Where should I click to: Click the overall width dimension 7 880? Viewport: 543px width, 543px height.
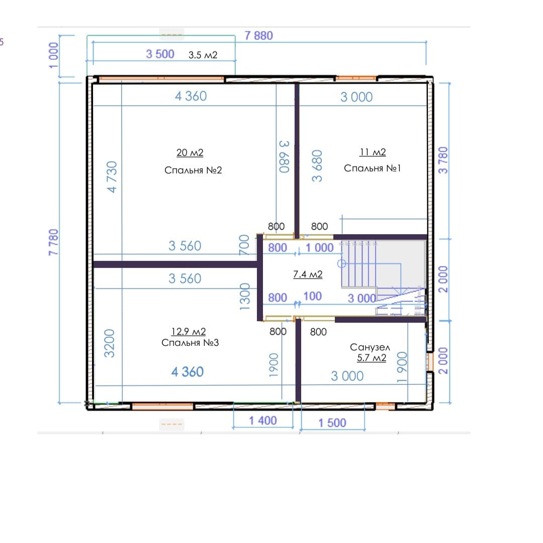pos(259,35)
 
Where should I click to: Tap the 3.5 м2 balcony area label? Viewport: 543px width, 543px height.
pos(203,55)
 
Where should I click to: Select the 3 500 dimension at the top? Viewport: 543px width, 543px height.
pos(160,54)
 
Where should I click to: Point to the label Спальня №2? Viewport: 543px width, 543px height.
pos(193,170)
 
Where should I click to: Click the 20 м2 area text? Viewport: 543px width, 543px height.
pos(190,152)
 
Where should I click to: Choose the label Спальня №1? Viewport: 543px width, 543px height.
pos(372,168)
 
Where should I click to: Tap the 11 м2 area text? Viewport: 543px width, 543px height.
pos(373,152)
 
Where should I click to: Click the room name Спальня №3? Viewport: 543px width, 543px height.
pos(190,342)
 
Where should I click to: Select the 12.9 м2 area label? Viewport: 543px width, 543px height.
pos(189,331)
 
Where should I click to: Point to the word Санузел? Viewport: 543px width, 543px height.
pos(370,347)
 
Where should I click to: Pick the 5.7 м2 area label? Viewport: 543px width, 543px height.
pos(372,358)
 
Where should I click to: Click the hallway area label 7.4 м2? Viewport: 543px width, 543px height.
pos(308,275)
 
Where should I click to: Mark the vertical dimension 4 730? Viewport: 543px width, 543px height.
pos(112,176)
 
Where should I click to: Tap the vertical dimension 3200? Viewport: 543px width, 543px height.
pos(109,343)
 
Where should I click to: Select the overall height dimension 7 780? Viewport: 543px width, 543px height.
pos(53,242)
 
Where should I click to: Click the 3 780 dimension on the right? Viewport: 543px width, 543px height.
pos(443,160)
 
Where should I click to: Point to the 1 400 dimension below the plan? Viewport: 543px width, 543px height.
pos(263,420)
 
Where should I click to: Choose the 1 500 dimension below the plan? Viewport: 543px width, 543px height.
pos(332,422)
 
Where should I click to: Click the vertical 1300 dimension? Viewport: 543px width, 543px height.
pos(245,297)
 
